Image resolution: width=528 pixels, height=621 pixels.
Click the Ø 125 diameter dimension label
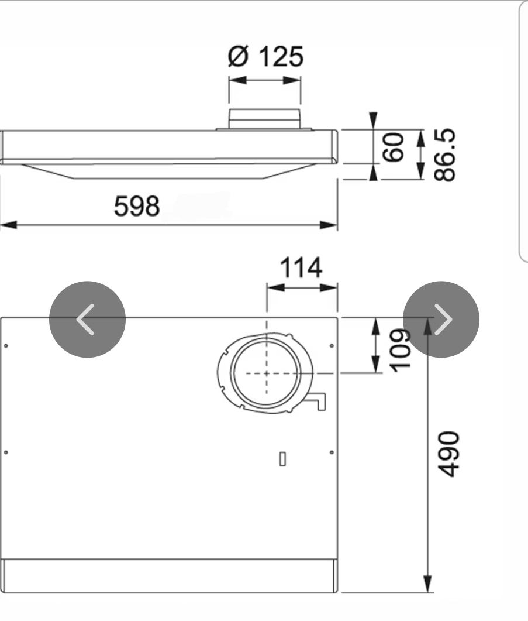tap(265, 56)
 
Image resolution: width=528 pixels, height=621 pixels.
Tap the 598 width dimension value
tap(137, 207)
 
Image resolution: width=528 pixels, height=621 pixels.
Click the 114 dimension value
tap(301, 267)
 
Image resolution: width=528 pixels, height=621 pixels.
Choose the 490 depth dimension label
tap(449, 454)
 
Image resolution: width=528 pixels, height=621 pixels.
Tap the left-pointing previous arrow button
tap(88, 319)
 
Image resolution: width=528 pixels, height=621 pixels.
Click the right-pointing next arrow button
tap(441, 319)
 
